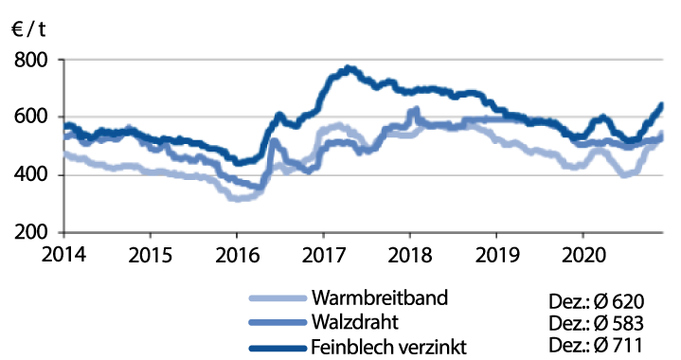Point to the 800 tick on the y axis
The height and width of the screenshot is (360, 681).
click(35, 60)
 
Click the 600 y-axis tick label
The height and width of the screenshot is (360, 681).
click(35, 117)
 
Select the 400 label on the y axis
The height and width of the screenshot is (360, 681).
click(35, 175)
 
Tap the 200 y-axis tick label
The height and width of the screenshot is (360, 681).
click(35, 233)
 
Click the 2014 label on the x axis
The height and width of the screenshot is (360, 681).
click(63, 254)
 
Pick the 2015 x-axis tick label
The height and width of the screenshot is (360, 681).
click(150, 254)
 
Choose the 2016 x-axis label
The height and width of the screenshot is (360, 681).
click(236, 254)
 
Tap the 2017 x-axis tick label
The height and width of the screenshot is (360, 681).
click(322, 254)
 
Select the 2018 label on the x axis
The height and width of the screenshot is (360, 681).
click(409, 254)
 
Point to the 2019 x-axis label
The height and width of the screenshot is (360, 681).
click(495, 254)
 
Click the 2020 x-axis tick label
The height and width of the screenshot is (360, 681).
click(582, 254)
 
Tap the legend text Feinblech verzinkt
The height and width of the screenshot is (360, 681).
click(393, 345)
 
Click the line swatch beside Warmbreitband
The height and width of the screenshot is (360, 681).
click(275, 299)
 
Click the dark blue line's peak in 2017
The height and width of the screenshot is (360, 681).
click(349, 68)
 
